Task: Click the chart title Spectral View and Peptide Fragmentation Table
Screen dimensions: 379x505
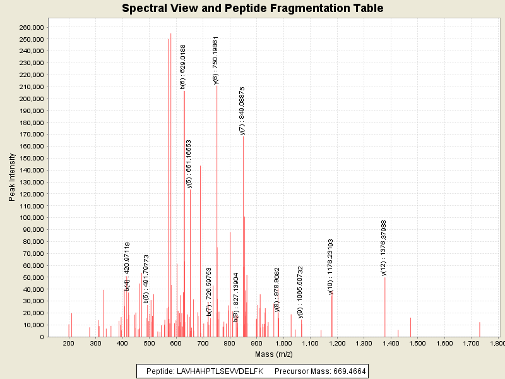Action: tap(252, 8)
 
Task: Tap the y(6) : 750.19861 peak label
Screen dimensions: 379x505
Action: tap(215, 60)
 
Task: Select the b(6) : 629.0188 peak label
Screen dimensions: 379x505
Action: tap(183, 67)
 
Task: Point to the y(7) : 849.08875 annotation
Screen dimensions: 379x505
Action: tap(242, 111)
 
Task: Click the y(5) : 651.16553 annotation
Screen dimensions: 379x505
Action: tap(189, 164)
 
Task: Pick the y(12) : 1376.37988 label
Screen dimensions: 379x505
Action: tap(384, 247)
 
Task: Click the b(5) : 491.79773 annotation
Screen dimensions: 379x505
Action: tap(146, 280)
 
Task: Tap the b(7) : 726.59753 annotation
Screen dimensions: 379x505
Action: tap(210, 292)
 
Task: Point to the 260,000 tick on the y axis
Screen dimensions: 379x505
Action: tap(31, 27)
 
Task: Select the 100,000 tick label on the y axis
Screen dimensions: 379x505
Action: tap(31, 218)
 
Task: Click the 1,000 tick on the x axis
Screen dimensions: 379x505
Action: tap(283, 343)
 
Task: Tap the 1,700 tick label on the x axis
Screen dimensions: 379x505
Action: tap(471, 343)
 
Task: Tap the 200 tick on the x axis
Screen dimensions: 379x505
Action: tap(68, 343)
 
